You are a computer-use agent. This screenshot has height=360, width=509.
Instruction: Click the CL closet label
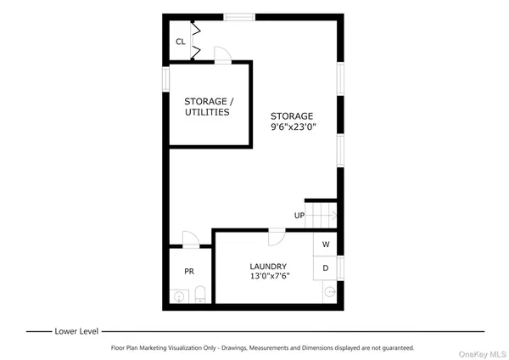coord(180,42)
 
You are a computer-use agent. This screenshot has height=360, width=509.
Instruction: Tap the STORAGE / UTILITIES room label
coord(207,106)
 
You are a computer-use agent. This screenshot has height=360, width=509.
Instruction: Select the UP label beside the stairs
coord(299,215)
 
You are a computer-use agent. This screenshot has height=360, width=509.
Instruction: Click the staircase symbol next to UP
coord(322,216)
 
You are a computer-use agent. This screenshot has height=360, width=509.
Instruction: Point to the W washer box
coord(325,245)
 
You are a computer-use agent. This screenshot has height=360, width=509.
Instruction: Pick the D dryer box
coord(325,267)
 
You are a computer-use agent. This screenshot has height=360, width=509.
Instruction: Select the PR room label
coord(189,271)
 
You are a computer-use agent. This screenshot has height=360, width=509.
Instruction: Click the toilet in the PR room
coord(200,294)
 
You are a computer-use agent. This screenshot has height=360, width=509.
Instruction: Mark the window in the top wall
coord(241,15)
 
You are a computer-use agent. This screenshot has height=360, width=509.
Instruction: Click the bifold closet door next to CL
coord(196,42)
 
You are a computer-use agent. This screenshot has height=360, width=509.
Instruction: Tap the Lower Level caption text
coord(78,330)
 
